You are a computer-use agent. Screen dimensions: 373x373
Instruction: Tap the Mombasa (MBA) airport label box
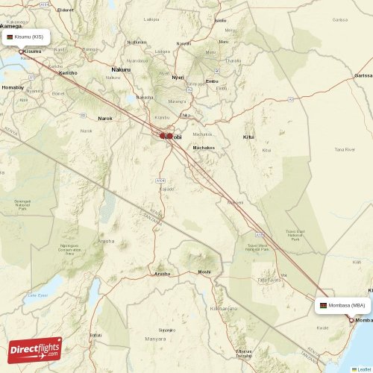tap(344, 305)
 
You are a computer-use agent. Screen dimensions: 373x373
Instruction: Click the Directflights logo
tap(35, 349)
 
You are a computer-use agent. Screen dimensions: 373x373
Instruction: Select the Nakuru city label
tap(121, 69)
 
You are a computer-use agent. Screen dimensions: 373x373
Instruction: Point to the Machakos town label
tap(204, 148)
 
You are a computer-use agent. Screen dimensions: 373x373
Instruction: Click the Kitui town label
tap(248, 137)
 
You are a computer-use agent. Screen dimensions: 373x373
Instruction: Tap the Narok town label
tap(105, 118)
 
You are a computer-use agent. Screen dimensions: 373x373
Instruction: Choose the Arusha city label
tap(162, 274)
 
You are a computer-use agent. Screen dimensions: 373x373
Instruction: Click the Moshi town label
tap(204, 272)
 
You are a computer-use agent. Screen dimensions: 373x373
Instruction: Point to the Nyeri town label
tap(178, 77)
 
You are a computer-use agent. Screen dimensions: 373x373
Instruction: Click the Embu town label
tap(212, 81)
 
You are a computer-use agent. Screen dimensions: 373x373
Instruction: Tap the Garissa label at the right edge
tap(364, 75)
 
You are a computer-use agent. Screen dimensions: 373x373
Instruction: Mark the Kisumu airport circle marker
tap(21, 51)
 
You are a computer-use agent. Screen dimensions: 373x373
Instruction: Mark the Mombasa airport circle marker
tap(352, 320)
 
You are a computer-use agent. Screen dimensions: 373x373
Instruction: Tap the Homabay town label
tap(13, 87)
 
